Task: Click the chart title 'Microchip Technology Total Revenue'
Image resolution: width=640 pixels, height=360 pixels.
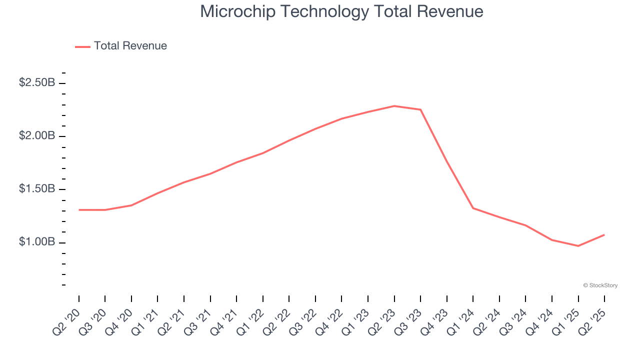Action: pyautogui.click(x=341, y=11)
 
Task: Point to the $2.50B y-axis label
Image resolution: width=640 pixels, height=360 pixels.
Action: pyautogui.click(x=37, y=82)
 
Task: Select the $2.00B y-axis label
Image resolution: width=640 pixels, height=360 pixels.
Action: pyautogui.click(x=37, y=136)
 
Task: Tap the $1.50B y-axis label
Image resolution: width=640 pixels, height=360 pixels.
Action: pyautogui.click(x=37, y=189)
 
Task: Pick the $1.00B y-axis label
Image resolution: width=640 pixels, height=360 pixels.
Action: pyautogui.click(x=37, y=242)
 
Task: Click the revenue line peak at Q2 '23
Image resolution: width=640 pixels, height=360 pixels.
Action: pyautogui.click(x=394, y=106)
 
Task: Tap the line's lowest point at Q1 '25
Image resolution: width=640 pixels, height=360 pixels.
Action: pyautogui.click(x=578, y=246)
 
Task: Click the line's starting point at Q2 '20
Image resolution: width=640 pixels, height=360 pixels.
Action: pyautogui.click(x=79, y=210)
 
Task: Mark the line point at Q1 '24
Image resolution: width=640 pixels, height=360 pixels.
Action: pyautogui.click(x=473, y=208)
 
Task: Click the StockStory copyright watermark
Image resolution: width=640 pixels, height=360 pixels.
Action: pyautogui.click(x=600, y=285)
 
